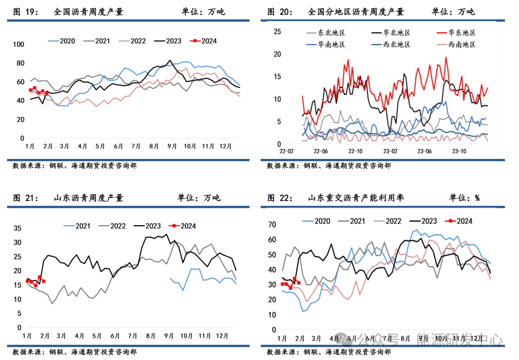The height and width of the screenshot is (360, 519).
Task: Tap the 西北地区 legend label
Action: [x=397, y=45]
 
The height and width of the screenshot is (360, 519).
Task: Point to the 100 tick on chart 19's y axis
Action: [x=18, y=45]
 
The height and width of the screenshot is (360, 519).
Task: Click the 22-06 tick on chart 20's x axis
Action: [x=320, y=151]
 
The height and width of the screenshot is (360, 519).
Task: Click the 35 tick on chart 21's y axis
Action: [x=17, y=228]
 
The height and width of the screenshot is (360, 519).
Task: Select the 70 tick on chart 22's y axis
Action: [x=272, y=225]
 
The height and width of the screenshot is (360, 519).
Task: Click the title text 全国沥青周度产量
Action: [x=88, y=12]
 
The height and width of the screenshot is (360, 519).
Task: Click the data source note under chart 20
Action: [x=329, y=166]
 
